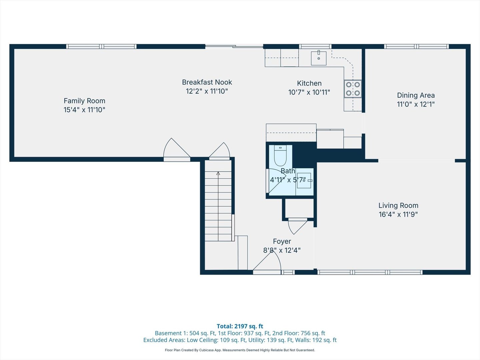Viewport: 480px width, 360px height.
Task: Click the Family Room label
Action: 84,101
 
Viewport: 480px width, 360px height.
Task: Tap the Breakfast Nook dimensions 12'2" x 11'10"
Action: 207,91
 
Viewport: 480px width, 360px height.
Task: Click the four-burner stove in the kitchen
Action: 353,89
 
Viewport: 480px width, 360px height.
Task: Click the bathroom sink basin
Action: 304,180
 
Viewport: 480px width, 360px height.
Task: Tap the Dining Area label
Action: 416,95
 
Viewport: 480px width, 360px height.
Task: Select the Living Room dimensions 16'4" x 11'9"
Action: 398,214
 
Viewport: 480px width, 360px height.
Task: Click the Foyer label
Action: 282,241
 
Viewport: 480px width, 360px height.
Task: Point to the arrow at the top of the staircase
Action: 218,173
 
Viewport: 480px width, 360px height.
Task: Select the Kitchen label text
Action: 309,83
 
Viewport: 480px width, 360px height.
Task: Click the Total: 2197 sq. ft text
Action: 240,326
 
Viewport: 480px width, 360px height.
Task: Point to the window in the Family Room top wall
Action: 101,46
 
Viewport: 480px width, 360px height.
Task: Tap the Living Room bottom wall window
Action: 370,272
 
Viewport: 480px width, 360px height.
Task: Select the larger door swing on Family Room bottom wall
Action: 176,150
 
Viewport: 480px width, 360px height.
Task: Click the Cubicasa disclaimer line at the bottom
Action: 240,350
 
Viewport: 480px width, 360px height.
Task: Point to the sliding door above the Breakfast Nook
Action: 234,46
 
